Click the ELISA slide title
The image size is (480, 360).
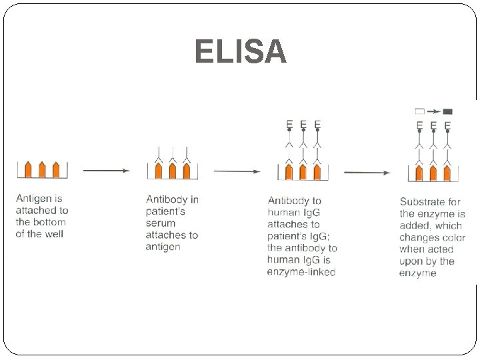tap(240, 52)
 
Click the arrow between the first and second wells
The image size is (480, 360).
tap(107, 171)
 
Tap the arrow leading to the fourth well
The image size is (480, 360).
tap(367, 173)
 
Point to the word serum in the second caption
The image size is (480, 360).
tap(160, 223)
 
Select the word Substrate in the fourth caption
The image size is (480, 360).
tap(423, 201)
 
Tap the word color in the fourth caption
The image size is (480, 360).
tap(450, 237)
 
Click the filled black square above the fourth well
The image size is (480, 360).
tap(448, 111)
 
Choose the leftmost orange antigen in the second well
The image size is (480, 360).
tap(159, 171)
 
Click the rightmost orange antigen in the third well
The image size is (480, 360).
tap(317, 171)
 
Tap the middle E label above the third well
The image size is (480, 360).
tap(303, 124)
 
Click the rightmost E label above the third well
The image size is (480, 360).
tap(317, 124)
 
